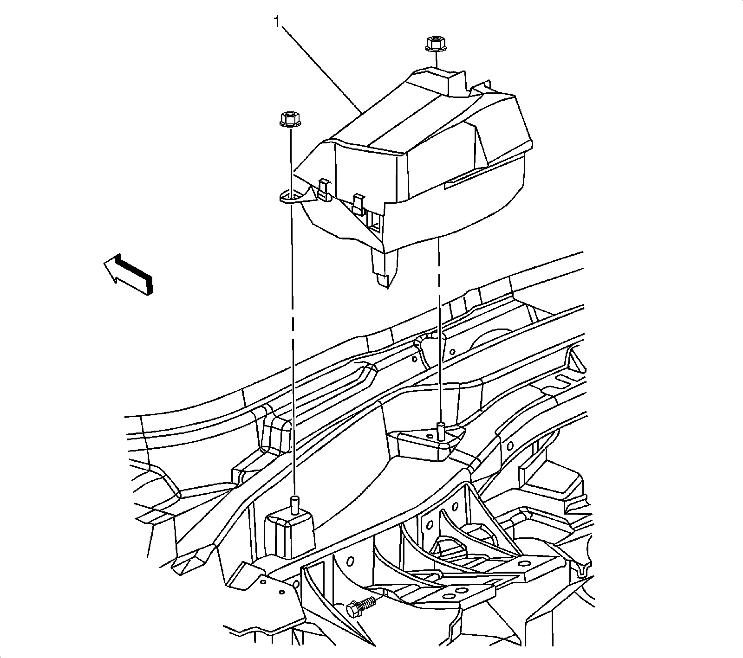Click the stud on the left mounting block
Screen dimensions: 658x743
293,503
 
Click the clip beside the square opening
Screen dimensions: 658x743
357,204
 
